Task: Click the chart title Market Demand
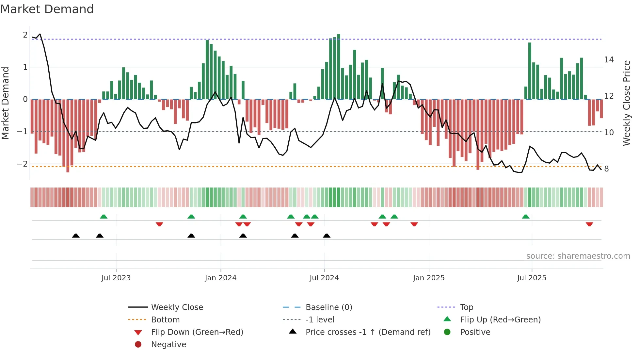click(47, 9)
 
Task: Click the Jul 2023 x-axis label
click(116, 278)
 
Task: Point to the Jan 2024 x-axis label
click(220, 278)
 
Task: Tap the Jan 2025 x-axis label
click(428, 278)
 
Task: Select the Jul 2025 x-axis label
click(532, 278)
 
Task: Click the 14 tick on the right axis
click(609, 60)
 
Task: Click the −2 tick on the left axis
click(23, 164)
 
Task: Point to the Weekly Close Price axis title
click(626, 103)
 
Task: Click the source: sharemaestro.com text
click(578, 256)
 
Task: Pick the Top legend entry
click(466, 307)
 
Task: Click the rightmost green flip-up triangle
click(525, 217)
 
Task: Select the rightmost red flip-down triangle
click(589, 224)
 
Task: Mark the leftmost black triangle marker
click(76, 236)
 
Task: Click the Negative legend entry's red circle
click(138, 344)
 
